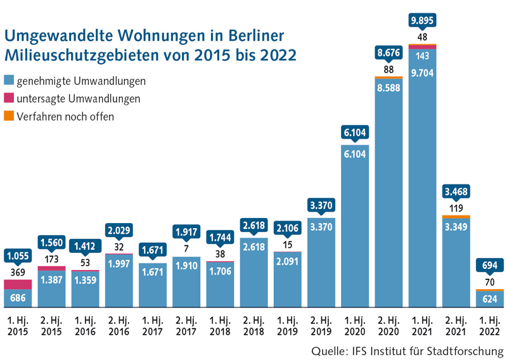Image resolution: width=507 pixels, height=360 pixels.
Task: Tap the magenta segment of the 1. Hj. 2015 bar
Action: [x=18, y=281]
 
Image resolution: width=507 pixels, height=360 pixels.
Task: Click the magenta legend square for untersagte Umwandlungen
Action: [x=9, y=99]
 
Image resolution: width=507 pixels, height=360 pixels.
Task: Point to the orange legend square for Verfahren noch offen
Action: [x=9, y=116]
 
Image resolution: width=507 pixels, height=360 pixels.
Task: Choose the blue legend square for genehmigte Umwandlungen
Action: [x=9, y=81]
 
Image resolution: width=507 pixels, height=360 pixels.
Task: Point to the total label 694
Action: [x=492, y=264]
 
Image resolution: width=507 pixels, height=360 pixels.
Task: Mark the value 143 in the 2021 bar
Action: [x=424, y=56]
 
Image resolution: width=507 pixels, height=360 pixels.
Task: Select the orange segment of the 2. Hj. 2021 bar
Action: [x=458, y=217]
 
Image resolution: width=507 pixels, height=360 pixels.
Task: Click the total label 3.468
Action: [x=458, y=192]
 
